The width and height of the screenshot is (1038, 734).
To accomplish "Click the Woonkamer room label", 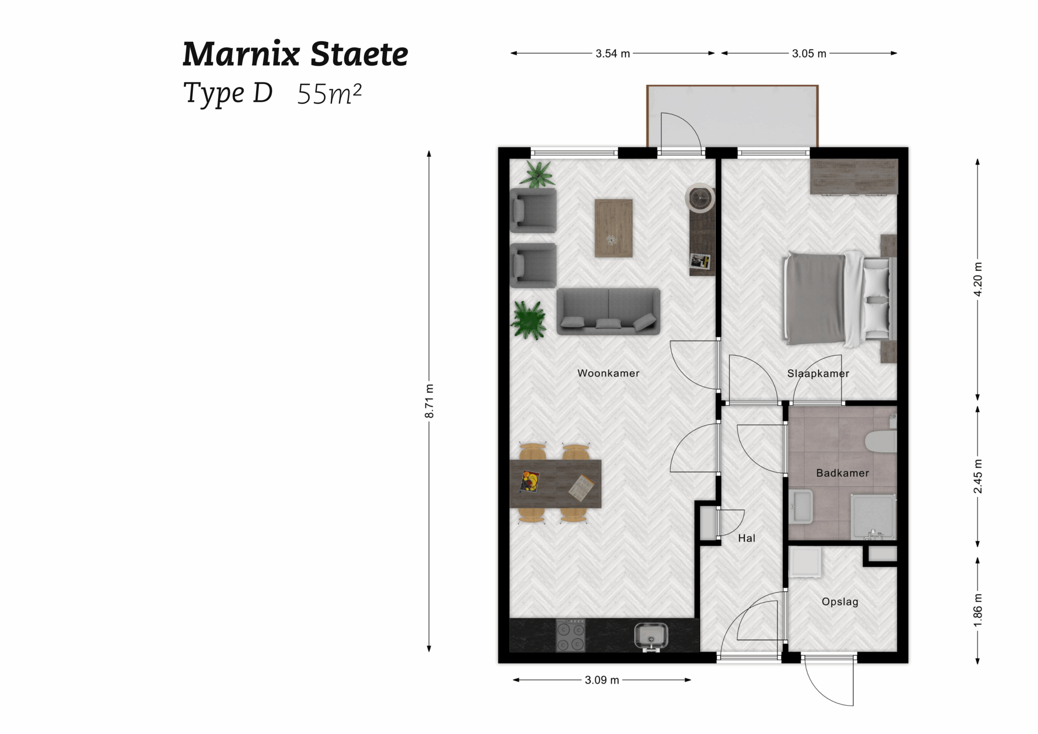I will [608, 373].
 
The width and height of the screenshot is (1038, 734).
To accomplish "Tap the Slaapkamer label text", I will [818, 373].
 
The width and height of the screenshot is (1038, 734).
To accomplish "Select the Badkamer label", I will [842, 473].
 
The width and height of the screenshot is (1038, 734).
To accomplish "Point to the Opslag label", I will [840, 601].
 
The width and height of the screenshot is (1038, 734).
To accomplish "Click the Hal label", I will [746, 538].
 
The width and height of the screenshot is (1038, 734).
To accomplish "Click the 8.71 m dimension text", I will [429, 401].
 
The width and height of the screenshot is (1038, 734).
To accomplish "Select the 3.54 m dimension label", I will [613, 54].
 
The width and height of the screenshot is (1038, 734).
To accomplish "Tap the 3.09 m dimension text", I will [602, 680].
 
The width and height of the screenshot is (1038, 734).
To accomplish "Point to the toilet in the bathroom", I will [882, 440].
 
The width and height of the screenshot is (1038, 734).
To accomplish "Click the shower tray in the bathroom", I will [873, 517].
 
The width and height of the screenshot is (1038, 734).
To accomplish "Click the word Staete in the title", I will [359, 55].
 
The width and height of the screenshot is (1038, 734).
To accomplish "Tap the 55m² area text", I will [329, 94].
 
